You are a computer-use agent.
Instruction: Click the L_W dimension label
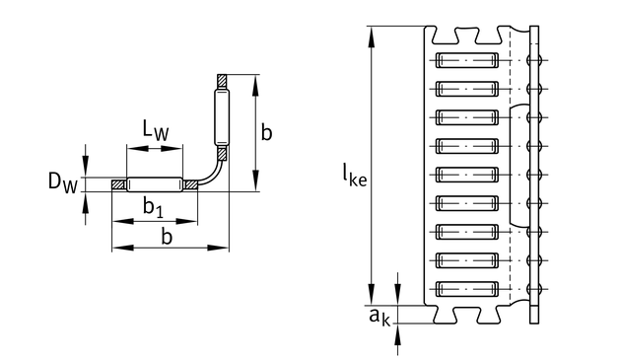(156, 130)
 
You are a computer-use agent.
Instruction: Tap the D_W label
(62, 182)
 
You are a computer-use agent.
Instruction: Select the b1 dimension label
(153, 208)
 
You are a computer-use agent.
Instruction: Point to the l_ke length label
(355, 176)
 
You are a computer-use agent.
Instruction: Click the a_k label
(379, 317)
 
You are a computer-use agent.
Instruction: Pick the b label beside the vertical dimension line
(266, 132)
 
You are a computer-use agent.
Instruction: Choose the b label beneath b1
(168, 237)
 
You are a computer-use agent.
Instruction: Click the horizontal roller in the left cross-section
(155, 184)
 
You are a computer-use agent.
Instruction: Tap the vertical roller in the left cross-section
(222, 117)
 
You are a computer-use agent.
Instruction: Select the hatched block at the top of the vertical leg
(222, 82)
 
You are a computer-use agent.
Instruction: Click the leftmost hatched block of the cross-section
(119, 184)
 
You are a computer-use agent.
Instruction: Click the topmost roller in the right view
(466, 60)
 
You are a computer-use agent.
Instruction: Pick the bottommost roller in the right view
(466, 289)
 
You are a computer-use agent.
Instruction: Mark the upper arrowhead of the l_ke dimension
(371, 36)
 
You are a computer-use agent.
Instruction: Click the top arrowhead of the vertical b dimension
(255, 85)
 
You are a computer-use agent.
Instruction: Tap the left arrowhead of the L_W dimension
(137, 148)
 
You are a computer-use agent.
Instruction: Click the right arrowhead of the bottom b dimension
(219, 248)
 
